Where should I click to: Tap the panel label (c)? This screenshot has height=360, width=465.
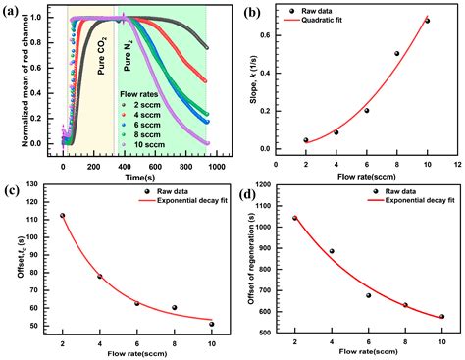click(x=13, y=191)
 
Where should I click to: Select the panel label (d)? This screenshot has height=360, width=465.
click(x=252, y=190)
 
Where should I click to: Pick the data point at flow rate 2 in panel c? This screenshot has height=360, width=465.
click(x=61, y=215)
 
